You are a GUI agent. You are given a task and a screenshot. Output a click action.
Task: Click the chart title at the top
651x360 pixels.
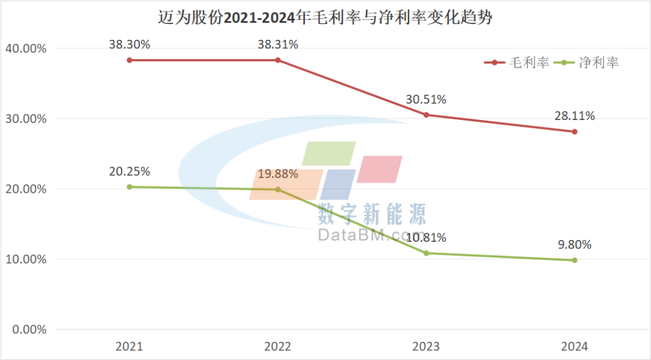[325, 17]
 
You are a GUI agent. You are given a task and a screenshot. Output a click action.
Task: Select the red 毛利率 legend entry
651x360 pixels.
[517, 63]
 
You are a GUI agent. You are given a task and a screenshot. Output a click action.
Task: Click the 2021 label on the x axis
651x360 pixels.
[129, 347]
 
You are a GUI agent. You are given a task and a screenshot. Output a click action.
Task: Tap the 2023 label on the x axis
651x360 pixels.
[426, 347]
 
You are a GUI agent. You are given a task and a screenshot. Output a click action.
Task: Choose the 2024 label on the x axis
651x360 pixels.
[574, 347]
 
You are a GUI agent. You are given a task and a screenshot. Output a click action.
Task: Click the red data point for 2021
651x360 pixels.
[129, 60]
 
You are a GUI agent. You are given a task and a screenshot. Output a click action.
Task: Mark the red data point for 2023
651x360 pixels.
[426, 115]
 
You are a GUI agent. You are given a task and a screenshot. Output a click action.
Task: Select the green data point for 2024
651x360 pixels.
[574, 261]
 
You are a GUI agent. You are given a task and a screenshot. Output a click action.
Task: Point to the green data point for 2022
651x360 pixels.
[278, 189]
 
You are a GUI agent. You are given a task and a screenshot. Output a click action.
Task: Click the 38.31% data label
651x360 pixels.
[278, 45]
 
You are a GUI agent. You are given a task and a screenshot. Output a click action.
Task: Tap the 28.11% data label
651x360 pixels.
[574, 116]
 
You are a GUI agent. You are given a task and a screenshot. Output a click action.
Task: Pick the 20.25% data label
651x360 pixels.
[129, 171]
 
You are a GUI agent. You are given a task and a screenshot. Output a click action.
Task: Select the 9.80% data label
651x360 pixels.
[574, 245]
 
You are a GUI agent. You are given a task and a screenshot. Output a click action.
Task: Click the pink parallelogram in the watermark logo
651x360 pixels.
[379, 169]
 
